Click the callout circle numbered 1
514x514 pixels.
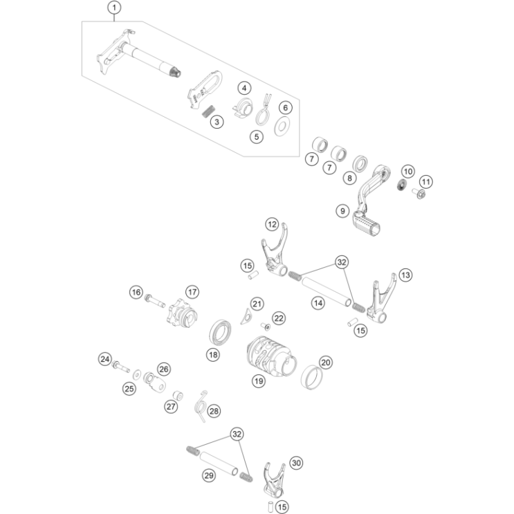[114, 8]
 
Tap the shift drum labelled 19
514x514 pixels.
[271, 356]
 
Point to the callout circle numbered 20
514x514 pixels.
[326, 362]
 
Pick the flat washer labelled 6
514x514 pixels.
[282, 126]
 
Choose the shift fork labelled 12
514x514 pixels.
[275, 250]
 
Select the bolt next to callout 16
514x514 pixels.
[155, 301]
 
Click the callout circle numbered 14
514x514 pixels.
[318, 303]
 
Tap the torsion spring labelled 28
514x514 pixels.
[201, 406]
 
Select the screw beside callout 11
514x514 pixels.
[419, 194]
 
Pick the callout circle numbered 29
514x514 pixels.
[209, 475]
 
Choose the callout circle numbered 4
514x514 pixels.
[244, 88]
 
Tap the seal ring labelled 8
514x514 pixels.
[360, 164]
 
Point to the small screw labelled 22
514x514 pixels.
[266, 327]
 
